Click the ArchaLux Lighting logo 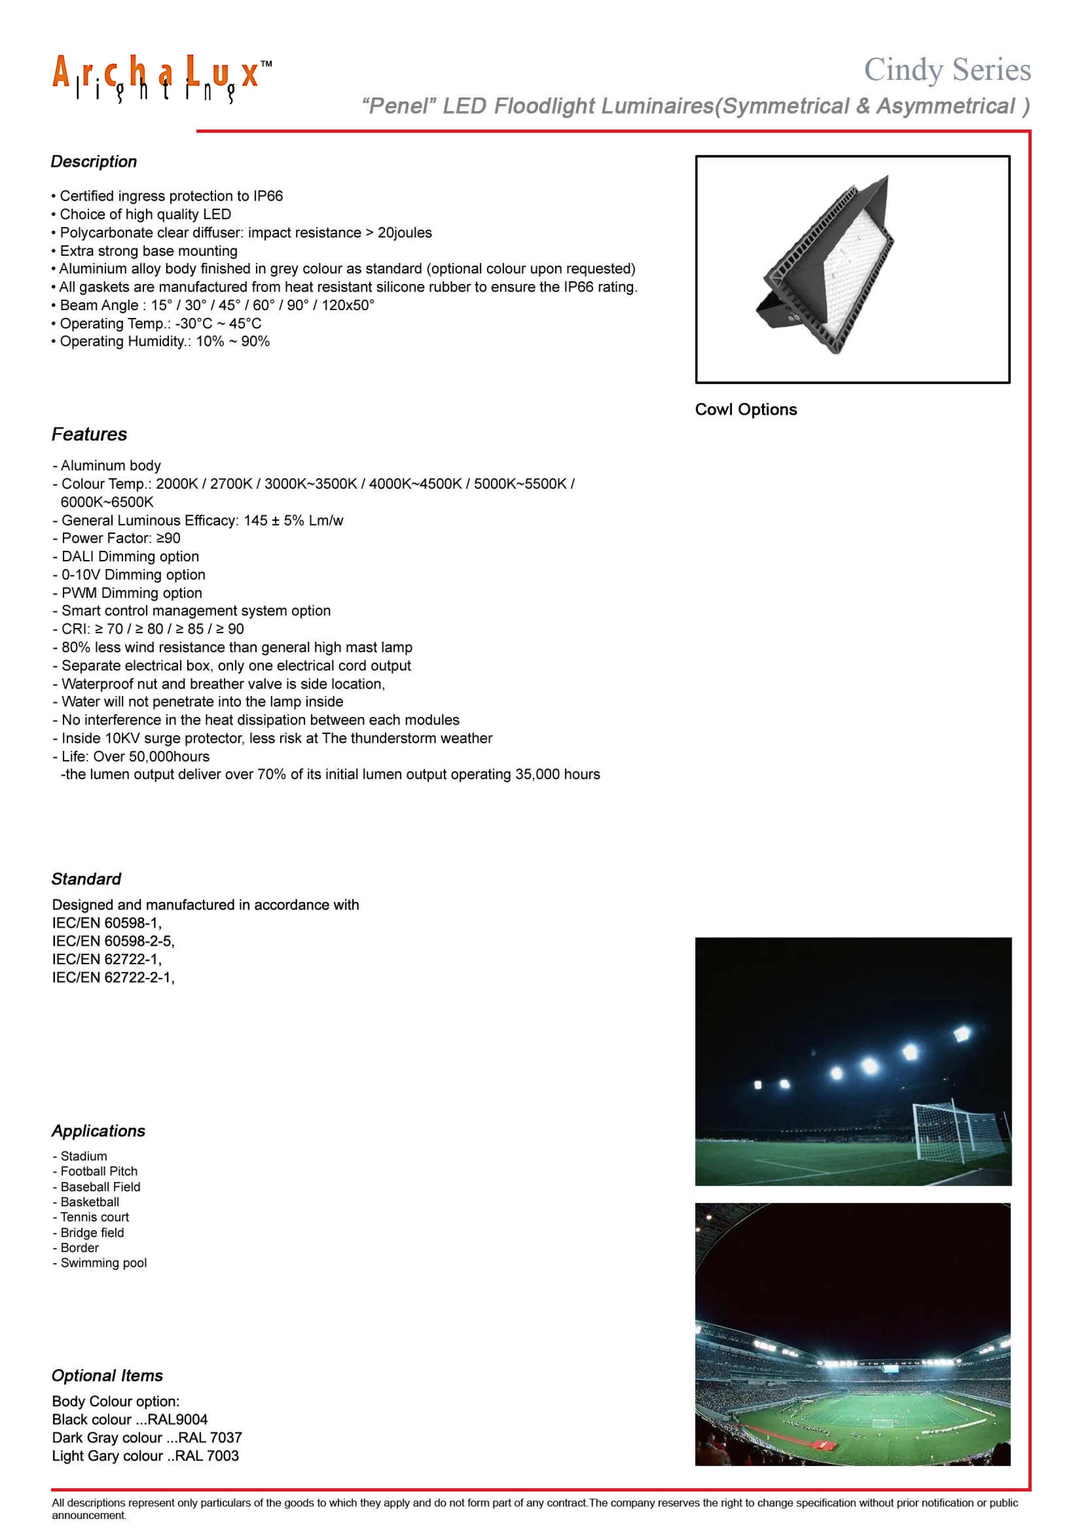(x=162, y=79)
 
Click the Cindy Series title (x=947, y=70)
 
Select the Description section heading (x=94, y=162)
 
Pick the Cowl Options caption (x=745, y=410)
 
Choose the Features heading (x=89, y=434)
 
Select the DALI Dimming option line (x=130, y=557)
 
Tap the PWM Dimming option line (x=131, y=593)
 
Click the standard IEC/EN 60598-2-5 (x=113, y=941)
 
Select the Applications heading (x=99, y=1131)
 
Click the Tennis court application (x=95, y=1217)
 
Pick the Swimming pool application (x=103, y=1263)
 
